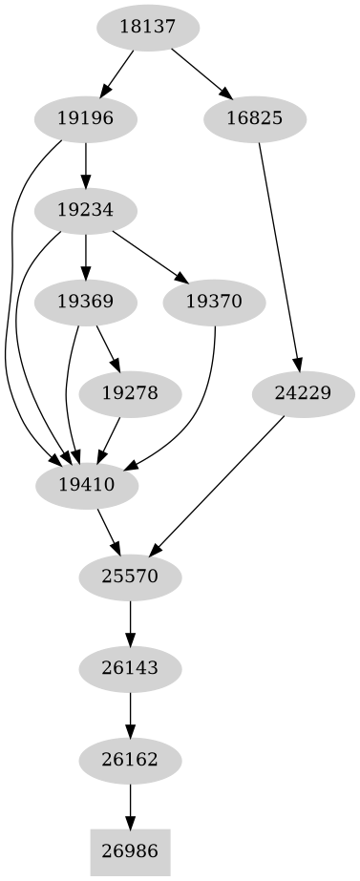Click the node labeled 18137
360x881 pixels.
pyautogui.click(x=148, y=28)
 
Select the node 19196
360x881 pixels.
pyautogui.click(x=86, y=119)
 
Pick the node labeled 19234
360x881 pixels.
pyautogui.click(x=86, y=210)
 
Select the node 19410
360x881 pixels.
pyautogui.click(x=86, y=484)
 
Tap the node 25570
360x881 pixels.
pyautogui.click(x=130, y=576)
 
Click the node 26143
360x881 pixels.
pyautogui.click(x=130, y=667)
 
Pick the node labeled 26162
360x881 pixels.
pyautogui.click(x=130, y=759)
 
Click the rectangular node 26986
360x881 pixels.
pyautogui.click(x=130, y=850)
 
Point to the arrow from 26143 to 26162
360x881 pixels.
pyautogui.click(x=130, y=713)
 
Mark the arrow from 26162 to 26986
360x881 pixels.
pyautogui.click(x=130, y=804)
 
